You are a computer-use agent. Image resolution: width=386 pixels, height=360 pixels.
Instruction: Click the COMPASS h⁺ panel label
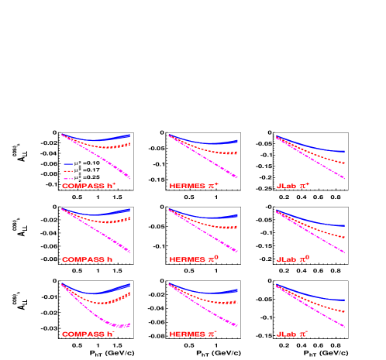click(x=89, y=186)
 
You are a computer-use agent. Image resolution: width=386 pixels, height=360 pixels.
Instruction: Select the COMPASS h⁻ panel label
click(x=89, y=334)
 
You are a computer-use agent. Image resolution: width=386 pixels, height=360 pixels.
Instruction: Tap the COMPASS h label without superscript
click(x=88, y=259)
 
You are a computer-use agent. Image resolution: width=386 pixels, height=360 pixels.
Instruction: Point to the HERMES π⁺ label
click(x=195, y=186)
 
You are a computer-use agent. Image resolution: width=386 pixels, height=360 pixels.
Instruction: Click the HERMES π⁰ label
click(x=195, y=259)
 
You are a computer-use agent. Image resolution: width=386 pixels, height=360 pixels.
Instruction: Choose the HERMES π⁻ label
click(x=195, y=334)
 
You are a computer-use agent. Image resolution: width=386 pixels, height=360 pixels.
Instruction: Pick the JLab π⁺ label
click(x=292, y=186)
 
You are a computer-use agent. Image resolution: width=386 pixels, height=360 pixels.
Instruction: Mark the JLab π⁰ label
click(x=292, y=259)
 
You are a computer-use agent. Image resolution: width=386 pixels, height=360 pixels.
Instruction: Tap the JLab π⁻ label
click(x=292, y=334)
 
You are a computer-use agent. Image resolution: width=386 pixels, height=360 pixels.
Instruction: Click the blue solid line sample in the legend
click(x=68, y=164)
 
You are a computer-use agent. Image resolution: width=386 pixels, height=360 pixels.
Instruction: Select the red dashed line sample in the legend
click(x=68, y=171)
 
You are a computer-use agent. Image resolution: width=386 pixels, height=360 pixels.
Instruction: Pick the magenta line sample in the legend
click(x=68, y=178)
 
